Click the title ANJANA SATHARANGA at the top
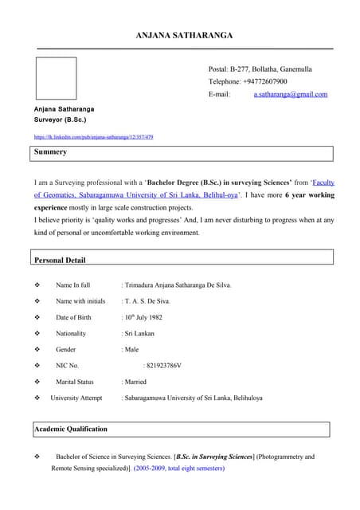point(184,36)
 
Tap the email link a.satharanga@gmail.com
point(291,94)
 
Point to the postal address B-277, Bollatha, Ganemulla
point(271,69)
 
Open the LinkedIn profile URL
point(93,137)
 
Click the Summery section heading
point(50,151)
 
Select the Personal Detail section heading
point(60,260)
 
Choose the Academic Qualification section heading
point(70,429)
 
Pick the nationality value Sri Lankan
point(140,333)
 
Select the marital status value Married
point(136,382)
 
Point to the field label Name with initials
point(80,301)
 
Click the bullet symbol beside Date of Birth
point(37,317)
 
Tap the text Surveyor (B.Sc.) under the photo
point(61,119)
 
